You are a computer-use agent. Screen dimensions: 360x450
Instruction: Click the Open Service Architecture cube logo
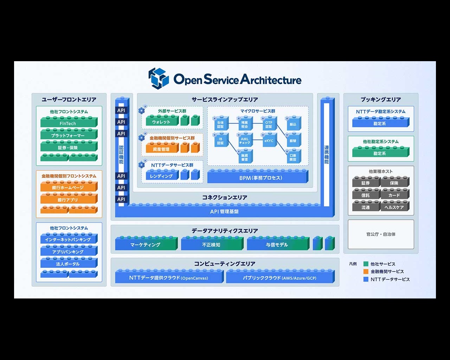coord(159,78)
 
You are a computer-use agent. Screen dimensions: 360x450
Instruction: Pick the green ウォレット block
coord(161,122)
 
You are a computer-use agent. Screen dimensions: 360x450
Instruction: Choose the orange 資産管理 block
coord(161,149)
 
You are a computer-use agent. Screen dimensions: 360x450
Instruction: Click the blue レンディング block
coord(161,176)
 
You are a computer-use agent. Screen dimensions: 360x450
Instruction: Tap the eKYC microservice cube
coord(269,141)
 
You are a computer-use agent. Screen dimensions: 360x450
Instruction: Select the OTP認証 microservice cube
coord(269,124)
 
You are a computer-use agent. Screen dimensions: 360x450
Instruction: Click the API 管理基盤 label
coord(224,212)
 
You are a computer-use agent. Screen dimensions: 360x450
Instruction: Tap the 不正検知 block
coord(211,245)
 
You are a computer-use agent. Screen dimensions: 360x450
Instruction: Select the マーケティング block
coord(146,245)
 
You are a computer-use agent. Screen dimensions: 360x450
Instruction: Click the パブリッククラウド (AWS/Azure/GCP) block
coord(279,278)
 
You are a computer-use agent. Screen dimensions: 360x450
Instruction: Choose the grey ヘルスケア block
coord(394,207)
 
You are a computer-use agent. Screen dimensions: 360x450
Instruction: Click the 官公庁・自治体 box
coord(381,234)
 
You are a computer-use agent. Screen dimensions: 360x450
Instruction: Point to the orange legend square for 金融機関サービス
coord(366,271)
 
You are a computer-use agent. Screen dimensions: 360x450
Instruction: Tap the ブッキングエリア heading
coord(381,99)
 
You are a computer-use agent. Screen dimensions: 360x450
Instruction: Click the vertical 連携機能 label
coord(327,155)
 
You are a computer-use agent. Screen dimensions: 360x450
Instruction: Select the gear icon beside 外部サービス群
coord(142,110)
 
